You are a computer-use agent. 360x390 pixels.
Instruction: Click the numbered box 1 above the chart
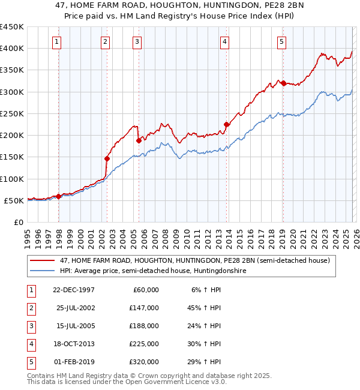[56, 41]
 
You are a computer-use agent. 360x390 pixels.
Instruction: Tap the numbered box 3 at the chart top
[137, 41]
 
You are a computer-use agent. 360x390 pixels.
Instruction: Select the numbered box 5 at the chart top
[281, 41]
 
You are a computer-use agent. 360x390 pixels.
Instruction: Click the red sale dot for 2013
[227, 125]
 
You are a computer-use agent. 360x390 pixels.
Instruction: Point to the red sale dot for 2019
[283, 83]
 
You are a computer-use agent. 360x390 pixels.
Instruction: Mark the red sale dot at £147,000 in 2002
[107, 158]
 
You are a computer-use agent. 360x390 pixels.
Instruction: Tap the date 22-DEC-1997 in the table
[73, 290]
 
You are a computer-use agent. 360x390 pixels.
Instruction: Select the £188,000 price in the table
[145, 326]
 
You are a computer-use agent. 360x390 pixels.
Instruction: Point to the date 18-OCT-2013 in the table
[73, 344]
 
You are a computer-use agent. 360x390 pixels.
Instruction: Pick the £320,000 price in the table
[145, 362]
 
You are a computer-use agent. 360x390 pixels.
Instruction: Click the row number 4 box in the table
[29, 344]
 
